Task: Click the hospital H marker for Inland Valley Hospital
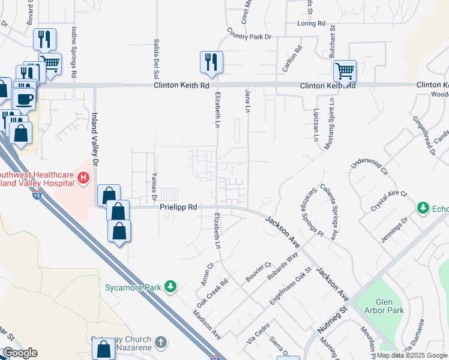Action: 83,178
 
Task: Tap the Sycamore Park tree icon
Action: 171,286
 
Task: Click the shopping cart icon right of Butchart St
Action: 345,71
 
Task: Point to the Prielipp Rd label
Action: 178,207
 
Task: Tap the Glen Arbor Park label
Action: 384,306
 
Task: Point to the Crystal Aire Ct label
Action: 389,202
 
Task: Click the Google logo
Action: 20,353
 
